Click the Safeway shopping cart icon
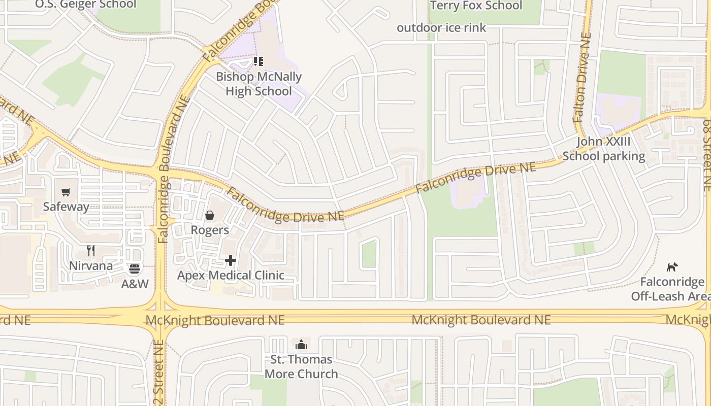coord(66,192)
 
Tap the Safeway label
coord(66,207)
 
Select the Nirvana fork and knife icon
coord(91,251)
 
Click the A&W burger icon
coord(135,269)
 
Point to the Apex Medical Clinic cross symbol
coord(231,260)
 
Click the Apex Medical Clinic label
coord(231,276)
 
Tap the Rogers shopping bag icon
coord(209,216)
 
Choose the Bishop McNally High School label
coord(258,84)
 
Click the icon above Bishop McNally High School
coord(258,61)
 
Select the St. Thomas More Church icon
coord(301,345)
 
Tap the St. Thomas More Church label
coord(301,367)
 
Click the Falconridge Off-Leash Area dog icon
coord(672,267)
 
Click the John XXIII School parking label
coord(603,149)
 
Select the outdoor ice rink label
coord(441,27)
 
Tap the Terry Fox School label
coord(476,6)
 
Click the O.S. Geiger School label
coord(86,5)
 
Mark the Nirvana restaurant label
coord(91,266)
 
